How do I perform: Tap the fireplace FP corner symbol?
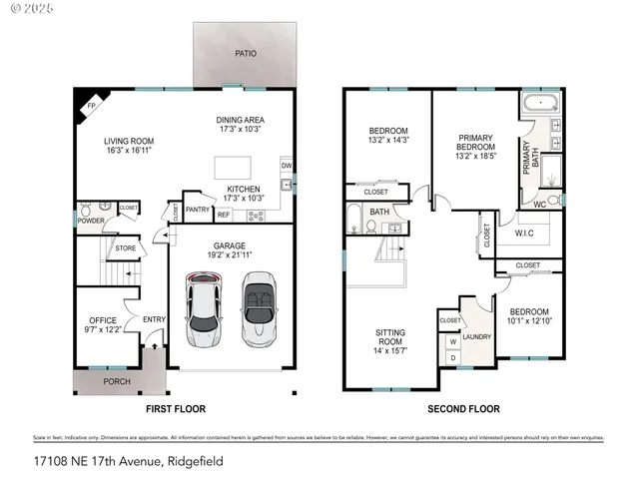tap(90, 104)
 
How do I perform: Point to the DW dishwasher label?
tap(286, 166)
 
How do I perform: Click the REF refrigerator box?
tap(224, 214)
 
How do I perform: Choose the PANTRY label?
tap(198, 210)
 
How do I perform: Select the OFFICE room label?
tap(103, 320)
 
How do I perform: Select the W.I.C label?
tap(526, 236)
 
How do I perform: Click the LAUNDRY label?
tap(477, 337)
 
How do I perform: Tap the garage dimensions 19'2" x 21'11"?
tap(230, 254)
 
